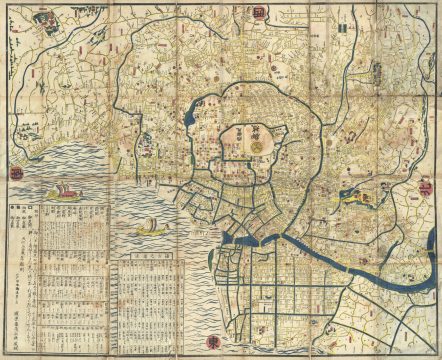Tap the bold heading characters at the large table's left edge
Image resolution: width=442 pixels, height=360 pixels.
(13, 215)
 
